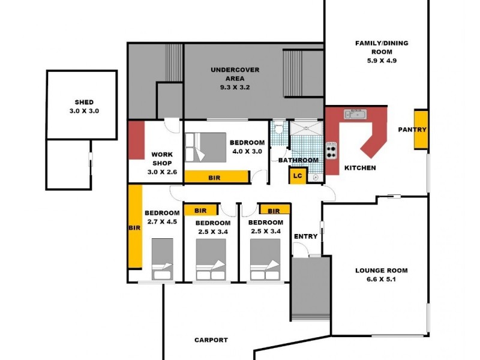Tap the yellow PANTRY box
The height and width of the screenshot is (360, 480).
(x=421, y=130)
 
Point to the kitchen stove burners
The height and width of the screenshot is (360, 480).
(x=331, y=150)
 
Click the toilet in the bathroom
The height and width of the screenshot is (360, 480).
(x=278, y=128)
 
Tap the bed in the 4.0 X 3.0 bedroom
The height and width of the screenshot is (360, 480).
(x=205, y=147)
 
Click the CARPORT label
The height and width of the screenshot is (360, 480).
(x=211, y=340)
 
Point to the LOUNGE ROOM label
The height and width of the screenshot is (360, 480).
(x=378, y=271)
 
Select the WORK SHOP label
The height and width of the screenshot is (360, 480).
(x=161, y=158)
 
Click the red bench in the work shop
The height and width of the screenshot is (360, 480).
(x=137, y=140)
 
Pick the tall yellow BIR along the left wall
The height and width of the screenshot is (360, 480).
(x=135, y=228)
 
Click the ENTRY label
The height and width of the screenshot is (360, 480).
(x=305, y=236)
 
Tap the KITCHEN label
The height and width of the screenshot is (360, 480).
(x=360, y=168)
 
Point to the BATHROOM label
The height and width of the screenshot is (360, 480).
(x=298, y=160)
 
